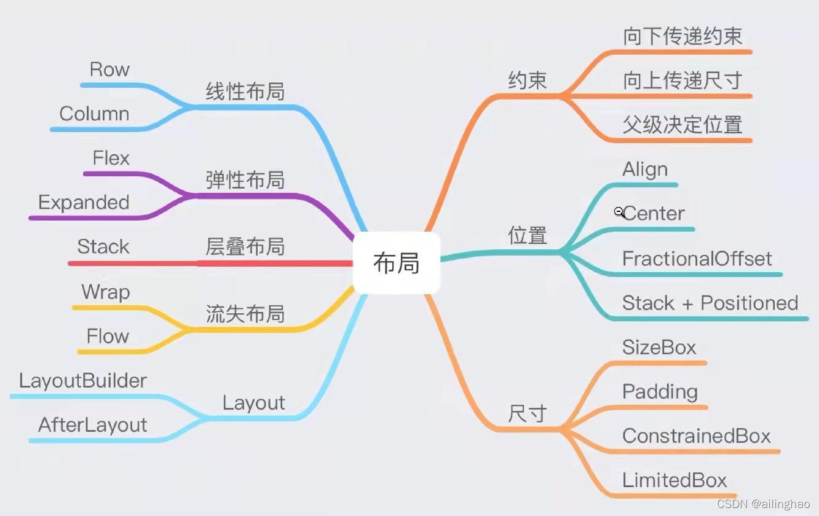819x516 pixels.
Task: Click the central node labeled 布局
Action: click(397, 262)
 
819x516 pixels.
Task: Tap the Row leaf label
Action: click(109, 69)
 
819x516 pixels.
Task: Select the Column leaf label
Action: click(94, 114)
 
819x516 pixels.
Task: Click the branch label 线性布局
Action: click(245, 92)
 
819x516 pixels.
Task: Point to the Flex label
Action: click(111, 158)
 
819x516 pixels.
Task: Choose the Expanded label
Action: click(84, 203)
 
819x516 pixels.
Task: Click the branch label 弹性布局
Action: click(245, 179)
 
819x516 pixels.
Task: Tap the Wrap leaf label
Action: click(106, 292)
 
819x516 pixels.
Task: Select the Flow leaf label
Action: click(108, 336)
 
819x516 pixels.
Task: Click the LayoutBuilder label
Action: click(83, 381)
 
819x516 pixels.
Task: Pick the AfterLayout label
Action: click(92, 425)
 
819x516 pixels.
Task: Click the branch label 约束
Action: click(528, 80)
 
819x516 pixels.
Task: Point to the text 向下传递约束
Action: click(682, 36)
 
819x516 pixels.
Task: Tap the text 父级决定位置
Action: click(682, 125)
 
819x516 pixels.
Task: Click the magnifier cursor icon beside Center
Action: click(619, 212)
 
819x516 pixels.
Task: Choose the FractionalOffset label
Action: click(697, 259)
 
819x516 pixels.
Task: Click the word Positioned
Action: click(749, 303)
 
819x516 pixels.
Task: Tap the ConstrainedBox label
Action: click(696, 436)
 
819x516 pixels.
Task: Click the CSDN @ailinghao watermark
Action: click(763, 504)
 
